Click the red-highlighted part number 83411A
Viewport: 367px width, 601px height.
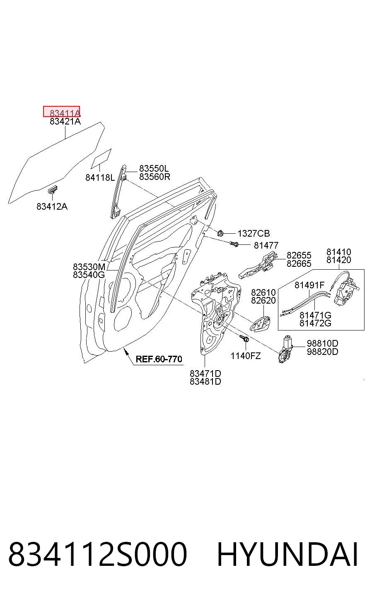point(65,113)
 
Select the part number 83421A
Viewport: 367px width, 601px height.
point(65,122)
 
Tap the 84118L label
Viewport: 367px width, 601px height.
point(100,177)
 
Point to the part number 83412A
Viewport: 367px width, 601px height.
point(52,206)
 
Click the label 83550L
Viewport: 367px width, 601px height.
point(154,168)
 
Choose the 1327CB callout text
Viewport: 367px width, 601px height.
point(254,233)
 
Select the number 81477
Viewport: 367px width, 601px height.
point(266,245)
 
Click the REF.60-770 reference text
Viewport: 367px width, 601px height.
point(159,359)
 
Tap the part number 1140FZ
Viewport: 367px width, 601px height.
point(246,356)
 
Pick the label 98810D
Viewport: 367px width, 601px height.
point(322,343)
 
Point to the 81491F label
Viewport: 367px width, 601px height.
point(309,285)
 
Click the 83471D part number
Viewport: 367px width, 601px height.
point(205,374)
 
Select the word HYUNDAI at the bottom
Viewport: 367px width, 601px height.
point(287,554)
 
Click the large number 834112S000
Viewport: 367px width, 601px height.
point(97,554)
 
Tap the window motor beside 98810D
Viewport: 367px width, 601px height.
point(285,349)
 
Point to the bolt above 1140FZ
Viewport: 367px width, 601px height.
point(244,338)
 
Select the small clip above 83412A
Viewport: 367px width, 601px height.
point(52,189)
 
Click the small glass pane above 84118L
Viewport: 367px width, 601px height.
point(101,159)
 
